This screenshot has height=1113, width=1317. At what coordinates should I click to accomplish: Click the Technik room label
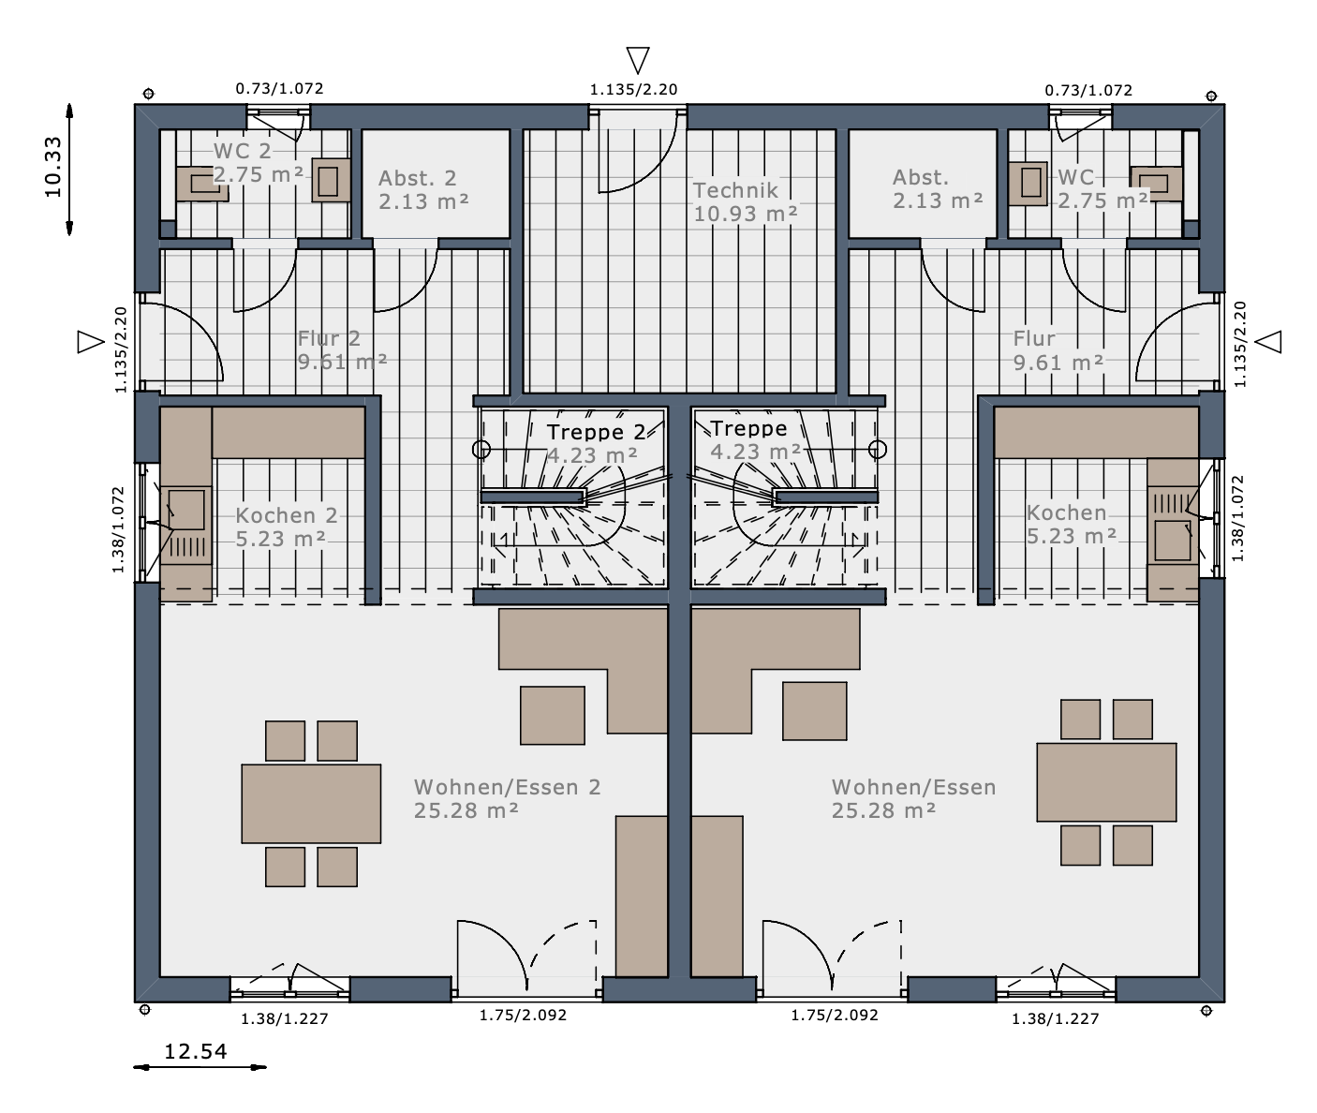tap(734, 190)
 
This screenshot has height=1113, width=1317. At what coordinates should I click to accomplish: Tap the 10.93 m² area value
tap(745, 214)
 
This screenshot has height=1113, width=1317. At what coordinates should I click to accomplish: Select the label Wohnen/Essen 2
tap(507, 787)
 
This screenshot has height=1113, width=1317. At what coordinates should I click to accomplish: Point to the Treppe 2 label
tap(596, 432)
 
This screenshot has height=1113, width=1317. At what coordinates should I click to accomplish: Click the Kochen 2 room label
tap(287, 515)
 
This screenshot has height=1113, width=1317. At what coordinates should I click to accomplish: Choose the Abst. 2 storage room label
tap(417, 178)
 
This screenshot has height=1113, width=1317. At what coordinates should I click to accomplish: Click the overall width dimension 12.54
tap(196, 1051)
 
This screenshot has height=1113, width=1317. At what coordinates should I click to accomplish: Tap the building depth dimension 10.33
tap(53, 167)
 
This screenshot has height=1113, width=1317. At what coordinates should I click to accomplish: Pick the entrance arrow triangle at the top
tap(638, 60)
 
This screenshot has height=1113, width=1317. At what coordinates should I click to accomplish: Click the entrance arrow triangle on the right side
tap(1268, 341)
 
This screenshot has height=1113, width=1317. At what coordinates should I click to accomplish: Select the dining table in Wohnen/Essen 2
tap(311, 803)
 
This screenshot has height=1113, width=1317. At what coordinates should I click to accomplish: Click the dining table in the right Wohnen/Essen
tap(1106, 781)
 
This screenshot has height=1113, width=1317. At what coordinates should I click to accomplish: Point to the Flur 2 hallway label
tap(329, 338)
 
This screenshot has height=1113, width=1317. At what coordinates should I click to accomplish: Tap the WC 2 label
tap(243, 151)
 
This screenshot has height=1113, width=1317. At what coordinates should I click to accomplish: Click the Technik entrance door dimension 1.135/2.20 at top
tap(633, 90)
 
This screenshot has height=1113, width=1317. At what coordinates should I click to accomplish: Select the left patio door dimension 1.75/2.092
tap(523, 1015)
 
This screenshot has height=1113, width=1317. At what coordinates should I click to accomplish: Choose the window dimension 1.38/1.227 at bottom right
tap(1056, 1018)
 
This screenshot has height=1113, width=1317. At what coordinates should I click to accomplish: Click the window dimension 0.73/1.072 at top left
tap(279, 88)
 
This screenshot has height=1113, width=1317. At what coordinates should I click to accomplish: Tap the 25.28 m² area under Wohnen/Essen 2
tap(466, 810)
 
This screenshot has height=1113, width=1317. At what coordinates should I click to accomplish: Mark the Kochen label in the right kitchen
tap(1067, 512)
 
